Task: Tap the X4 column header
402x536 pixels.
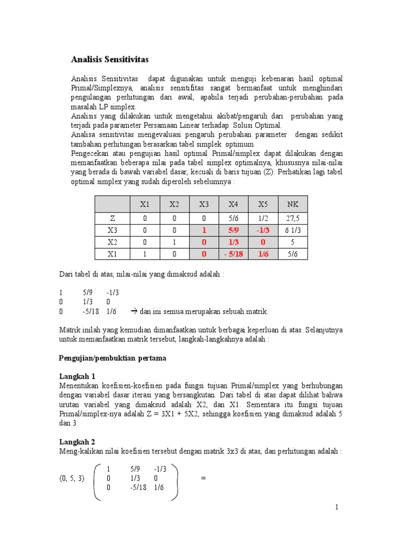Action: (x=233, y=204)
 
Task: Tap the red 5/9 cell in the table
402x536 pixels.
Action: (x=233, y=230)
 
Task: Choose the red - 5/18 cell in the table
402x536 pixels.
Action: (x=233, y=254)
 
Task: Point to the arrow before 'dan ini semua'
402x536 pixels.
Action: (x=133, y=311)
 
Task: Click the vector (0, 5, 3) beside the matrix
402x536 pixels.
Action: (x=71, y=478)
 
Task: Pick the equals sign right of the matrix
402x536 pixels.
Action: (x=204, y=478)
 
